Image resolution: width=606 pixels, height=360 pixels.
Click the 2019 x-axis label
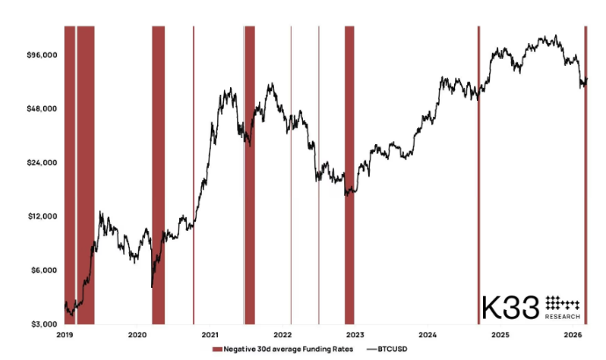coord(65,335)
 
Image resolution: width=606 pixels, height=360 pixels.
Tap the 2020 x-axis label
coord(137,335)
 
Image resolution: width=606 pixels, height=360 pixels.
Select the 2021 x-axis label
coord(210,335)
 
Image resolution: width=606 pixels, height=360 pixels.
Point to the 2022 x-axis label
coord(283,335)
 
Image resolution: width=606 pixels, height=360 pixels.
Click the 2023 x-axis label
coord(355,335)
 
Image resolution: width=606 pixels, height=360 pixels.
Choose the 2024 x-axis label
coord(428,335)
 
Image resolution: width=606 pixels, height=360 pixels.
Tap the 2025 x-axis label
coord(500,335)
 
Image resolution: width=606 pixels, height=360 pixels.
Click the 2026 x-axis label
coord(573,335)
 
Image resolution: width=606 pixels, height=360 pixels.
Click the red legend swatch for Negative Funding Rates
coord(217,349)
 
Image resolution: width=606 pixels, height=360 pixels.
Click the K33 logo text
coord(509,308)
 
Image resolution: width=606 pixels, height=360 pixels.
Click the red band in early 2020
coord(158,176)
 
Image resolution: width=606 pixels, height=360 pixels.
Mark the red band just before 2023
coord(350,176)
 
